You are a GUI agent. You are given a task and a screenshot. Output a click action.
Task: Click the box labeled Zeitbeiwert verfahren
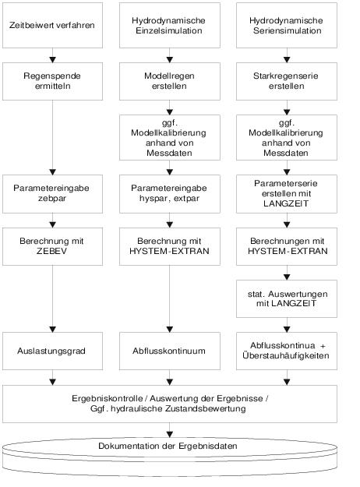52,25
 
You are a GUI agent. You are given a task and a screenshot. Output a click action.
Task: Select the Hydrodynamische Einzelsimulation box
170,25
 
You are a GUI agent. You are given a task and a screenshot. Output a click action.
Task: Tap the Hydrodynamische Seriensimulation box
287,25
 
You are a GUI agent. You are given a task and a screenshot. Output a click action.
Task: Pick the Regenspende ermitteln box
52,81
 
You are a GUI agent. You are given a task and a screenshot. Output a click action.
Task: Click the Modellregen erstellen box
170,81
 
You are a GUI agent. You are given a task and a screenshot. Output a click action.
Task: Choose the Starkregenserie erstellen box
287,81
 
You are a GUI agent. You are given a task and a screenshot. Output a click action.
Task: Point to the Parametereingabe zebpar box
52,194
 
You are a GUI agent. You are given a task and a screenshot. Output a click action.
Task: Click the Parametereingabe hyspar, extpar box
170,194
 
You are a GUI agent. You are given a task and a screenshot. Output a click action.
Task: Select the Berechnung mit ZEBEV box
52,246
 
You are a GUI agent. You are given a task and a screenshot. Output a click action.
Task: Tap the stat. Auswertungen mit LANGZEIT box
287,298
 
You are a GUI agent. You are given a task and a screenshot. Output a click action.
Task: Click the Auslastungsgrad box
52,351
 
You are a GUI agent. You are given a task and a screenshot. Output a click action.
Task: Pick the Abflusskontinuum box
170,351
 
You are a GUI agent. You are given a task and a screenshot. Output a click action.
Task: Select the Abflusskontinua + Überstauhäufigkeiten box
287,351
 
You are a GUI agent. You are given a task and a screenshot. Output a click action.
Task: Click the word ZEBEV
51,251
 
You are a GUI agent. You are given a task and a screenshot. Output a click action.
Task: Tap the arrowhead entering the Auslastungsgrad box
52,330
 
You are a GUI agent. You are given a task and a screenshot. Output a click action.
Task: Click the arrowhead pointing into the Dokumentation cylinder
170,435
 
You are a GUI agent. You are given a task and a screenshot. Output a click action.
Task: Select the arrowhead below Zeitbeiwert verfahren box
52,60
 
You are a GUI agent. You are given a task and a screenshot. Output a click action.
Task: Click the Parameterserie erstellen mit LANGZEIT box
287,194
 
